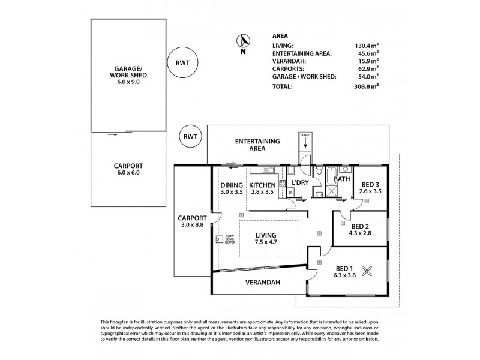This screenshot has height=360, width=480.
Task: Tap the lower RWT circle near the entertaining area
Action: point(192,137)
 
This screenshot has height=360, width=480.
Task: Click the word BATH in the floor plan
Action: point(342,179)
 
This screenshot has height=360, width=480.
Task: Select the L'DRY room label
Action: point(299,182)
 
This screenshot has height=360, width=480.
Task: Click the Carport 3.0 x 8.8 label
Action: point(191,222)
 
